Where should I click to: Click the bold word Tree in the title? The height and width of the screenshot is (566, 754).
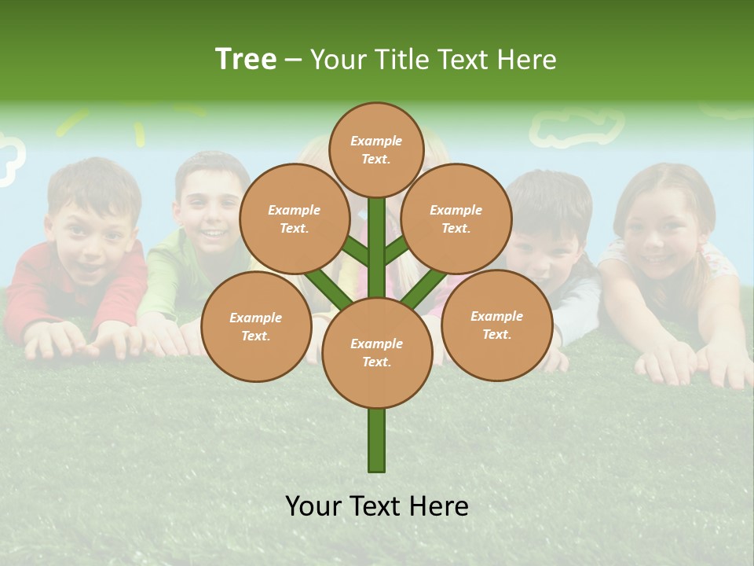pyautogui.click(x=246, y=59)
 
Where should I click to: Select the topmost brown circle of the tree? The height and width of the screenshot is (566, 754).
pyautogui.click(x=376, y=149)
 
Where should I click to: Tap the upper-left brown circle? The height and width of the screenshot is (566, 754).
pyautogui.click(x=294, y=219)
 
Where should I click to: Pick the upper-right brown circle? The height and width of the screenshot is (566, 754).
pyautogui.click(x=456, y=219)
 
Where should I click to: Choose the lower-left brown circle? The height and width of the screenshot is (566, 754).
pyautogui.click(x=256, y=326)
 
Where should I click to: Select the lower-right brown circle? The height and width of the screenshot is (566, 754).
pyautogui.click(x=496, y=325)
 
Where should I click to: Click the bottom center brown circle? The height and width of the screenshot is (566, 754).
pyautogui.click(x=377, y=353)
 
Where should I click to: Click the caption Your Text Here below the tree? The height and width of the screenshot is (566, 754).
pyautogui.click(x=377, y=506)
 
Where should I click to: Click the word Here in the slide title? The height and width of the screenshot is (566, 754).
pyautogui.click(x=527, y=59)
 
